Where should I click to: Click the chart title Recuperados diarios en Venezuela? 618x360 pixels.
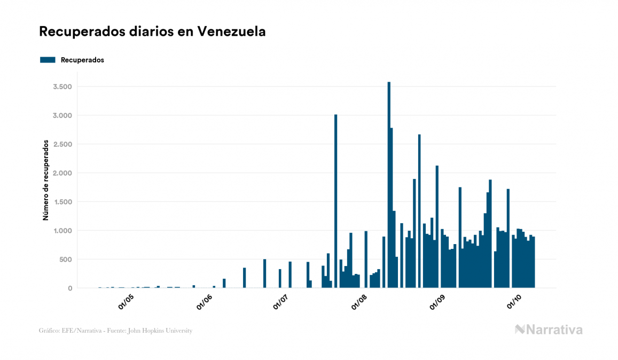152,32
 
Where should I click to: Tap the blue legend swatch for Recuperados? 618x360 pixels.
48,60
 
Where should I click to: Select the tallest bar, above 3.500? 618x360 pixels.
389,187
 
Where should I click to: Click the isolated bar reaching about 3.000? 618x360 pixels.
335,203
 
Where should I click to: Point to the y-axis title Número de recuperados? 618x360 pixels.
46,180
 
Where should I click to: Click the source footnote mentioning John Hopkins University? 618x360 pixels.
115,331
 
